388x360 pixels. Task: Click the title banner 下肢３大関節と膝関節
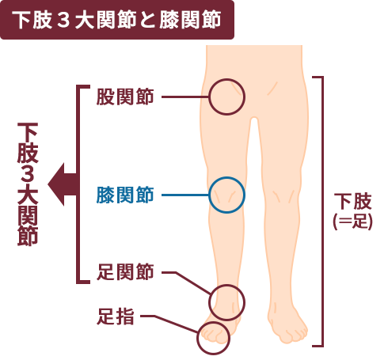117,20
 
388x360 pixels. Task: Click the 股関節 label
125,97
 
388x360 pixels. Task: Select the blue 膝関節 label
125,195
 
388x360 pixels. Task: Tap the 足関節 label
125,272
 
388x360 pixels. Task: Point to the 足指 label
116,316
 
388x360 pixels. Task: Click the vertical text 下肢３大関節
28,184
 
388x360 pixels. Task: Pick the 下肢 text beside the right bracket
352,201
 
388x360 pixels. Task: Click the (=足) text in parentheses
352,221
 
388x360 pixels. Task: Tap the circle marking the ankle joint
226,285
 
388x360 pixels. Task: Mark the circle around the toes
213,322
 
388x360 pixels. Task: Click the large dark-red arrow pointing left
63,184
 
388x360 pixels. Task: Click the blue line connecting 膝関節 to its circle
185,195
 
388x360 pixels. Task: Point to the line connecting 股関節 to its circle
185,97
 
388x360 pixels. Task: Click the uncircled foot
287,326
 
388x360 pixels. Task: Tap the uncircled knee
283,196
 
